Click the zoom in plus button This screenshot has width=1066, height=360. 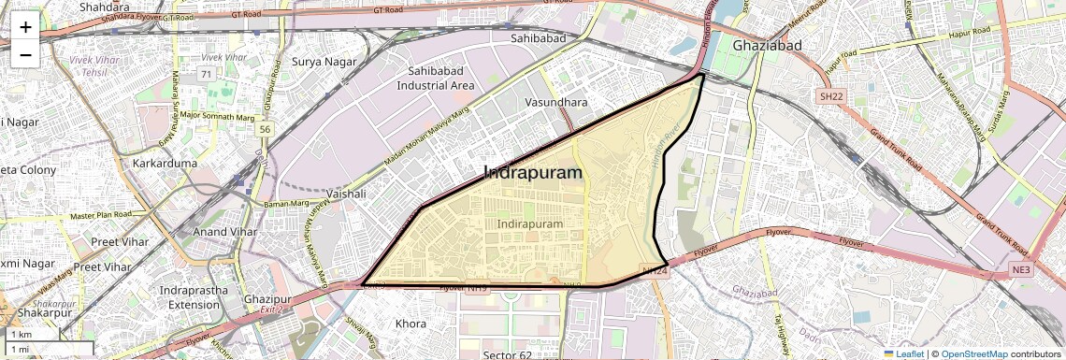point(25,27)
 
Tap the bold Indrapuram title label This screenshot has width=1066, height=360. point(532,173)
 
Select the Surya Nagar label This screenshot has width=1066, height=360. point(322,62)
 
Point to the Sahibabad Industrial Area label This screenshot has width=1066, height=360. point(436,79)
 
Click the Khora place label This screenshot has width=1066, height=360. point(411,324)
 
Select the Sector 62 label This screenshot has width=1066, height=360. point(508,354)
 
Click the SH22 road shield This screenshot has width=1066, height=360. point(830,96)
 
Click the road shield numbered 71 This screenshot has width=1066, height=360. point(205,73)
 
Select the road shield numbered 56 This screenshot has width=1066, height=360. point(266,129)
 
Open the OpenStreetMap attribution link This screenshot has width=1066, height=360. point(974,353)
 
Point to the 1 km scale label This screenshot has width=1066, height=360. point(21,334)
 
